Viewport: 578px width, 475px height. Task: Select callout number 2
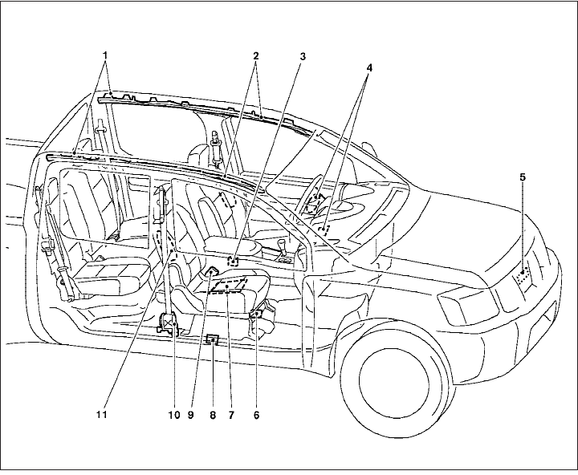click(x=255, y=56)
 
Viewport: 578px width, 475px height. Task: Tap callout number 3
click(x=303, y=58)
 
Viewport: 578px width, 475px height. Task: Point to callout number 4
click(x=369, y=68)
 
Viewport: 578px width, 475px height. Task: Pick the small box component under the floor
click(x=212, y=339)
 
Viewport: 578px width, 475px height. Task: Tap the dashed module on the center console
click(x=234, y=260)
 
